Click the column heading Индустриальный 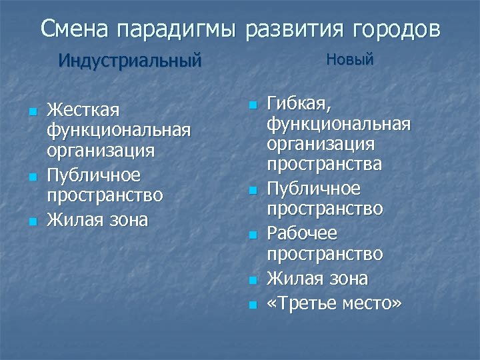click(x=129, y=61)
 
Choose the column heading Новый click(x=349, y=60)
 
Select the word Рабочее click(x=302, y=233)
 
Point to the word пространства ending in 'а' click(x=324, y=164)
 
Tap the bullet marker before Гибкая click(x=252, y=105)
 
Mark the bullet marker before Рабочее click(x=252, y=235)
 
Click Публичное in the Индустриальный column click(x=93, y=175)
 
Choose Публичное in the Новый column click(x=313, y=189)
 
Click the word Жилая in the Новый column click(x=292, y=278)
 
